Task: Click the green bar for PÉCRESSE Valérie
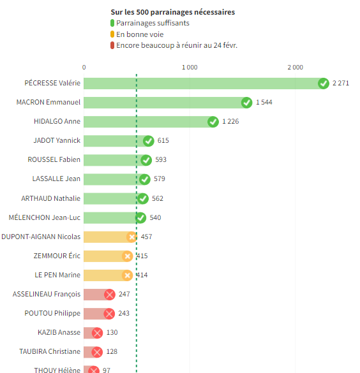201,84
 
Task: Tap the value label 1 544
264,103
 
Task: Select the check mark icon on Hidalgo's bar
213,122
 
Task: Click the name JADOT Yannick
57,141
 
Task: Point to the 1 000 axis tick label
189,67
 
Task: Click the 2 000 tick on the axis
295,67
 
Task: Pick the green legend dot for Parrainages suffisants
112,24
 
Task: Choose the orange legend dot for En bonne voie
112,34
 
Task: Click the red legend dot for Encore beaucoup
112,45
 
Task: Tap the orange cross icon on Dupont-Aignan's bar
131,237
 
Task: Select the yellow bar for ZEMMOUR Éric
105,256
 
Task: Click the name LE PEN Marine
57,275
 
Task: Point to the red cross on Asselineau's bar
109,294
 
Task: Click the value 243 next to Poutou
124,313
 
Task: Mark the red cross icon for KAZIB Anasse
97,332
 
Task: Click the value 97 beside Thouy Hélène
107,370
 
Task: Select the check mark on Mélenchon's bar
140,217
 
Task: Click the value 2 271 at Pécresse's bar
341,84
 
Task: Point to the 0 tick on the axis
84,67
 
